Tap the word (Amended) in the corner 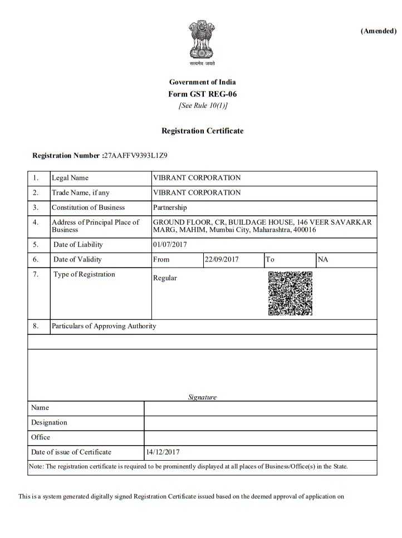[378, 31]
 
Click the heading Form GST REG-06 [202, 94]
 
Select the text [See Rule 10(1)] [202, 105]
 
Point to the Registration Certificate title [202, 131]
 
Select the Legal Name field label [70, 178]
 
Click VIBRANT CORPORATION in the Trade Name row [197, 193]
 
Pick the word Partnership [170, 208]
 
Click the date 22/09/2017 [221, 259]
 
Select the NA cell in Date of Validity [323, 259]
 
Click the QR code [290, 293]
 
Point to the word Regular [165, 278]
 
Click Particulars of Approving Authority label [104, 326]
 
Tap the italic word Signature [202, 397]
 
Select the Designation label [49, 422]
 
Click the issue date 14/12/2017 [163, 452]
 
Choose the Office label [41, 437]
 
